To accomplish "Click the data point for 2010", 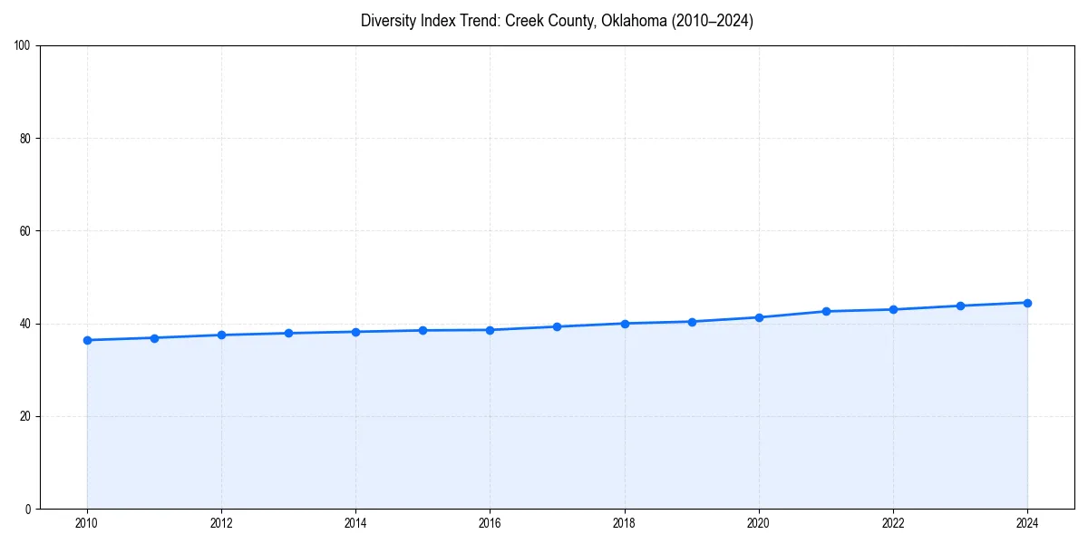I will [x=87, y=340].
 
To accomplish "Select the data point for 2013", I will [x=288, y=333].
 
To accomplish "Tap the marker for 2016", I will [x=490, y=330].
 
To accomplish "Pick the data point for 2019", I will [x=692, y=322].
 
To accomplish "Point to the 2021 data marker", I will [x=826, y=311].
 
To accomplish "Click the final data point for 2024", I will [x=1027, y=303].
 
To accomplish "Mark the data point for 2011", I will [x=154, y=338].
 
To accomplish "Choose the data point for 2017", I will [x=557, y=326].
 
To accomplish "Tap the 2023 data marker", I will [x=960, y=306].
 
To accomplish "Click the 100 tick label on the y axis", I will [x=23, y=46].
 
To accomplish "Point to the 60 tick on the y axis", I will [x=25, y=231].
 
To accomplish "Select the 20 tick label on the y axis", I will [x=25, y=416].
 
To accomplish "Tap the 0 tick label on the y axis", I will [x=28, y=509].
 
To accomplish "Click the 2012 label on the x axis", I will [x=221, y=523].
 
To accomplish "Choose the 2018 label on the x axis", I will [x=624, y=523].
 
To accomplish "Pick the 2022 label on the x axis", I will [x=893, y=523].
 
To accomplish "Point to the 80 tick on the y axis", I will [x=25, y=139].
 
